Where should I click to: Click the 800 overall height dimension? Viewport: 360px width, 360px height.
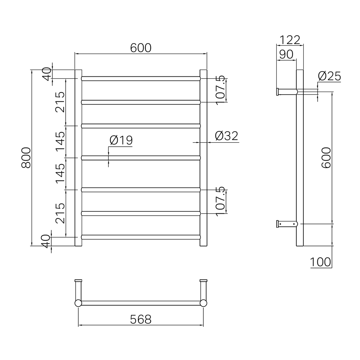tap(26, 158)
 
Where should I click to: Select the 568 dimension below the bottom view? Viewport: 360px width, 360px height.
tap(141, 319)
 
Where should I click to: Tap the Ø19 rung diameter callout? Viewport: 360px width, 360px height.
tap(121, 140)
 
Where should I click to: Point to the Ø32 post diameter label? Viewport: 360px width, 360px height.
tap(227, 136)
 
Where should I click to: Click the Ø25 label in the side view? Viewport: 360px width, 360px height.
tap(329, 76)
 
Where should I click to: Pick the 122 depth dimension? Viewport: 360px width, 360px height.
tap(290, 40)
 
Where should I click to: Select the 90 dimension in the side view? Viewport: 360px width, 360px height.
tap(286, 54)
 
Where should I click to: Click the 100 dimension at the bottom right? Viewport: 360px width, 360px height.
tap(321, 262)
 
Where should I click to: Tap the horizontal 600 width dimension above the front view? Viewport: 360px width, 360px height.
tap(141, 48)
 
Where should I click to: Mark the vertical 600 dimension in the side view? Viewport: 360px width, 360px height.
tap(327, 158)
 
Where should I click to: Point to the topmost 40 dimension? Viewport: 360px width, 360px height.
tap(47, 74)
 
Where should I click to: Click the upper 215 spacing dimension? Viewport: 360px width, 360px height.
tap(60, 102)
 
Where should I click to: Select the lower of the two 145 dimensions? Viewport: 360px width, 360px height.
tap(60, 173)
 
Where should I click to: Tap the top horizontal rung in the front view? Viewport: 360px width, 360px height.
tap(141, 79)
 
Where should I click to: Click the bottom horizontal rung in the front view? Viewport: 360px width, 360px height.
tap(141, 237)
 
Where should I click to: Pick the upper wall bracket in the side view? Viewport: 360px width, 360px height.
tap(287, 92)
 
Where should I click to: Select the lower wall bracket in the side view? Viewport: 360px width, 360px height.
tap(287, 224)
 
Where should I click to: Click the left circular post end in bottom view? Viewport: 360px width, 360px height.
tap(78, 303)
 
